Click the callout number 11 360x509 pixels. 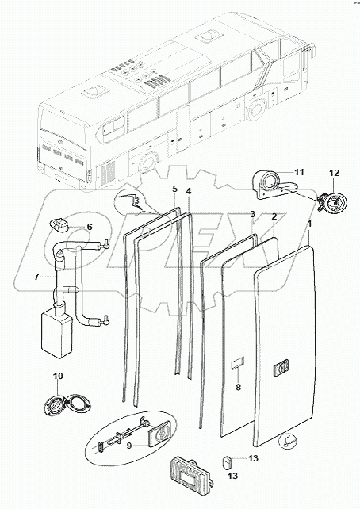point(299,172)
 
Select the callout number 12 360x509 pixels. point(334,173)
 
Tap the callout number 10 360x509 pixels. point(58,376)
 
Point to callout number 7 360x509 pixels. point(36,277)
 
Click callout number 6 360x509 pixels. point(90,227)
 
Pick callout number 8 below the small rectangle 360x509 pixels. point(238,387)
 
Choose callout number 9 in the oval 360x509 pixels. point(129,446)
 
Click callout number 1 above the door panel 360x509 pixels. point(310,224)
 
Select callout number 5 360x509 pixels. point(175,189)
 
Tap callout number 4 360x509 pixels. point(189,191)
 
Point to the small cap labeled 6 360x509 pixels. point(59,225)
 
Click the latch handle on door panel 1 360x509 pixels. point(281,369)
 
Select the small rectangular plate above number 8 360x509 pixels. point(238,363)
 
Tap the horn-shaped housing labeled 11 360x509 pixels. point(274,185)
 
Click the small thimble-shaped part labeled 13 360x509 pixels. point(228,461)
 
